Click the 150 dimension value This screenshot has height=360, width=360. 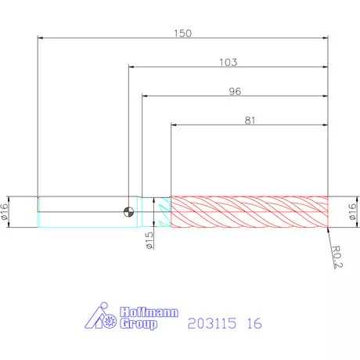pyautogui.click(x=182, y=34)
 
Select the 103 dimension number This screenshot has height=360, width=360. pyautogui.click(x=229, y=63)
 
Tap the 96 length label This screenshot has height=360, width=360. pyautogui.click(x=235, y=92)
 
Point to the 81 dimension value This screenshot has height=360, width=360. pyautogui.click(x=250, y=121)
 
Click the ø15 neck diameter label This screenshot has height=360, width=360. pyautogui.click(x=149, y=240)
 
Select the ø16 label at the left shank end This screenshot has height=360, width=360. pyautogui.click(x=4, y=212)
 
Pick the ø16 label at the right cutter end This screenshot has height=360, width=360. pyautogui.click(x=352, y=212)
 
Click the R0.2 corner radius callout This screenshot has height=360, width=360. pyautogui.click(x=337, y=257)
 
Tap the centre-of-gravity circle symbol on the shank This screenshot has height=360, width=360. pyautogui.click(x=128, y=211)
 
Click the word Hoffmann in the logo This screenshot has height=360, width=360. pyautogui.click(x=149, y=312)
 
